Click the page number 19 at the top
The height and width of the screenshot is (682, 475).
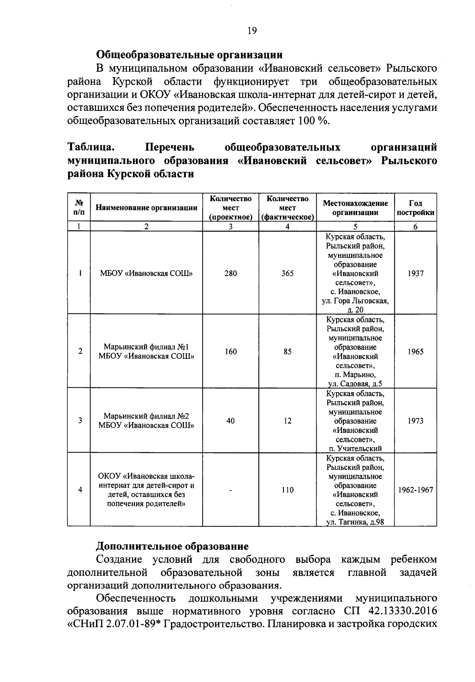pos(252,30)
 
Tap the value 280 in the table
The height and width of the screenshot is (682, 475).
pos(230,273)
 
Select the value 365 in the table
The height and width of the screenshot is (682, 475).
pos(287,273)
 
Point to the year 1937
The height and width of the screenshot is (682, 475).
pos(416,273)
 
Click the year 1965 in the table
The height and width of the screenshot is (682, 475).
pos(416,352)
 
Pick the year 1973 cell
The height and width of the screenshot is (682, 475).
pos(416,421)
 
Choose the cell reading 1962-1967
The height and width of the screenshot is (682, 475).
pos(416,490)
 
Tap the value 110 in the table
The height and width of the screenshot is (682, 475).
pos(287,490)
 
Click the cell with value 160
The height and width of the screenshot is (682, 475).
pos(230,352)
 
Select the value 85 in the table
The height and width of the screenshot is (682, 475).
pos(287,352)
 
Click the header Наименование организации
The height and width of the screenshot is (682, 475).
pos(146,208)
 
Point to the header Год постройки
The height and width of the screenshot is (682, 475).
pos(416,208)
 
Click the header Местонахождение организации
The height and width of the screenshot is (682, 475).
pos(355,208)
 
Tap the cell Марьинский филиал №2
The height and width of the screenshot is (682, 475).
pos(146,416)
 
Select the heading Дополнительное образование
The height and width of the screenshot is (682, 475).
pos(173,547)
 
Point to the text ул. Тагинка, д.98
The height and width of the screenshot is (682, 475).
pos(355,522)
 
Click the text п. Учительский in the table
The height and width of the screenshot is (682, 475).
pos(355,448)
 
